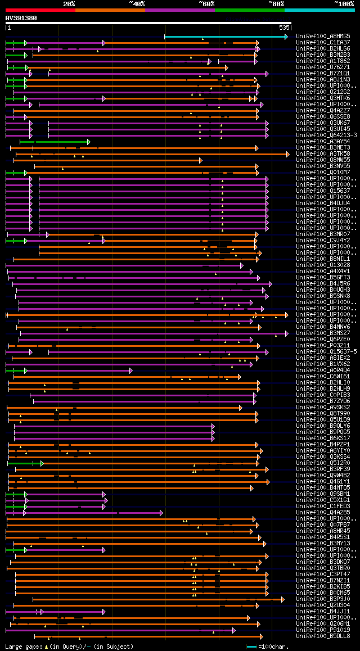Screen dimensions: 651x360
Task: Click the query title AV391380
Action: coord(21,18)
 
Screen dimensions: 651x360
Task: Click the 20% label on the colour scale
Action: coord(69,3)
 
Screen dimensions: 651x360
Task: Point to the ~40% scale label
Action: coord(137,3)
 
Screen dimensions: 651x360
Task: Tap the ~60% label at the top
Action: coord(206,3)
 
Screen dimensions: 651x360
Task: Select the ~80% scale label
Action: coord(276,3)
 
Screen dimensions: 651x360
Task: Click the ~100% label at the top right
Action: coord(344,3)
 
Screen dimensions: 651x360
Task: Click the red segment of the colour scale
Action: coord(40,10)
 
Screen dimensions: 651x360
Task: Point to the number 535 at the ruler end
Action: coord(284,27)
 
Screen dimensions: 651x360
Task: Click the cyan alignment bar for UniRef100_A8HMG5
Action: coord(225,37)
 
